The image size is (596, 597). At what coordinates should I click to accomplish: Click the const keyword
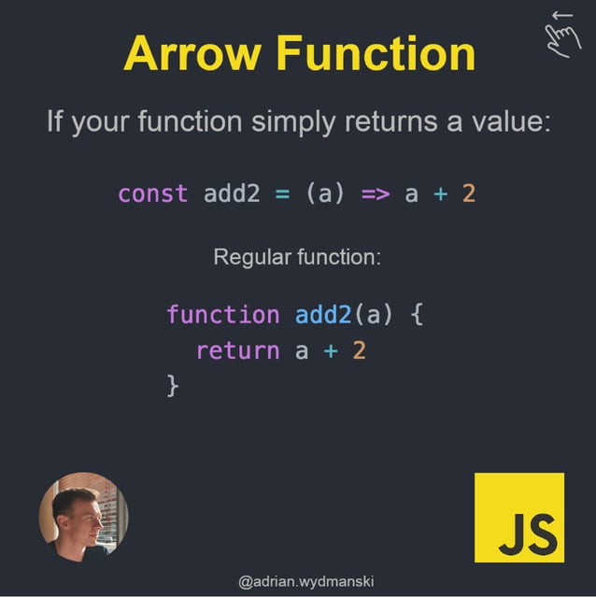tap(152, 194)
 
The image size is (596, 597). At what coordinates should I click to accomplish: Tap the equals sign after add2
tap(282, 194)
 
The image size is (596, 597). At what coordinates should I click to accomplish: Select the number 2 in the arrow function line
tap(469, 194)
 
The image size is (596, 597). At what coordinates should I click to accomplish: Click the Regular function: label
tap(297, 256)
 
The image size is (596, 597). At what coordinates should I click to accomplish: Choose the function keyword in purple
tap(222, 315)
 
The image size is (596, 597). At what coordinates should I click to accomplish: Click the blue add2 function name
tap(323, 315)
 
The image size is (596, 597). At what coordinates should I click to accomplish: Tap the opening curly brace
tap(417, 315)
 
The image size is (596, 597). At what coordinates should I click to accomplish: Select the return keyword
tap(237, 351)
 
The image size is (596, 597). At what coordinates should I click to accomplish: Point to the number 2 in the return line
tap(360, 351)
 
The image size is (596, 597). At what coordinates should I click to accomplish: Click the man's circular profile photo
tap(83, 516)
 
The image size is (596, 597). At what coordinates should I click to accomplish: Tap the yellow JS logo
tap(519, 518)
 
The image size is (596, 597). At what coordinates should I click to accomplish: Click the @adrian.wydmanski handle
tap(298, 581)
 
